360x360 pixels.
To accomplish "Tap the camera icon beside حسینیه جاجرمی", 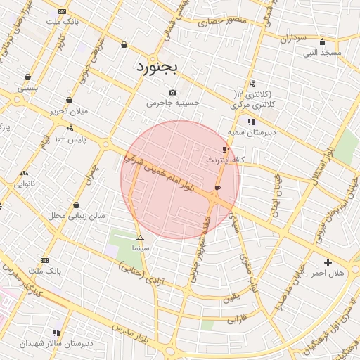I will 173,92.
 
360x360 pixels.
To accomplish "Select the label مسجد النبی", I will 322,53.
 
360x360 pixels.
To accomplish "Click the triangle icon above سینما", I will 140,238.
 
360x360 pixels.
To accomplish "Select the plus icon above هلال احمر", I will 328,262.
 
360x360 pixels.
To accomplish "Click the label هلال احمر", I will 328,273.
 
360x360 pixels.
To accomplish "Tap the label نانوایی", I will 25,184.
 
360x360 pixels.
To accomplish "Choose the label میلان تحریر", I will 67,112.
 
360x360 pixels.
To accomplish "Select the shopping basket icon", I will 124,45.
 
